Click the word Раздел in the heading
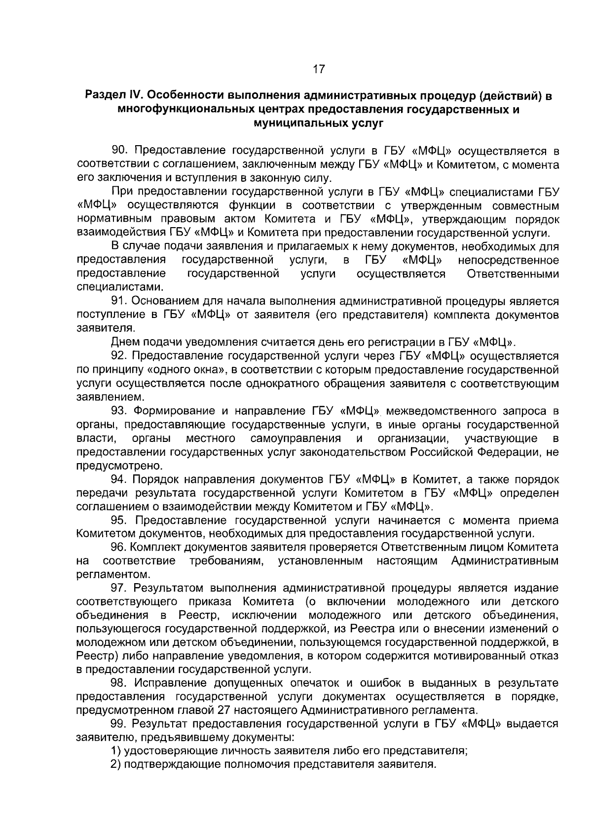[x=106, y=96]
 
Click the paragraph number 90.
[x=121, y=151]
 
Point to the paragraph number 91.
[x=121, y=301]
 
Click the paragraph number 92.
[x=120, y=356]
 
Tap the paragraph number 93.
[x=120, y=411]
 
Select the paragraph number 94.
[x=120, y=479]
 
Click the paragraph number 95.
[x=120, y=520]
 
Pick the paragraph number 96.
[x=120, y=547]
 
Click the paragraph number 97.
[x=120, y=588]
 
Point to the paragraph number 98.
[x=120, y=683]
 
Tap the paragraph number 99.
[x=120, y=724]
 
